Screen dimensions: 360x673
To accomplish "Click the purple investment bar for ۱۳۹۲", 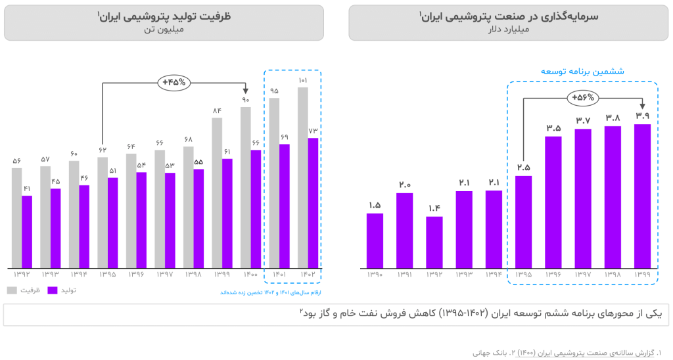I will pyautogui.click(x=434, y=242).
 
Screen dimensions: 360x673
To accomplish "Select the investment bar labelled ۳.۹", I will pyautogui.click(x=642, y=196).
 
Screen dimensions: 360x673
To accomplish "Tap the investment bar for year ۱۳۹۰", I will pyautogui.click(x=375, y=240).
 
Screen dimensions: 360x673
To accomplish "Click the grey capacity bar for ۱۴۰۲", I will pyautogui.click(x=302, y=177).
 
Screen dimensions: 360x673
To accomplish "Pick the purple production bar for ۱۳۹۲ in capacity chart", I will pyautogui.click(x=27, y=232).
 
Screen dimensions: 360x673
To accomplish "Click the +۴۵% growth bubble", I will pyautogui.click(x=174, y=83).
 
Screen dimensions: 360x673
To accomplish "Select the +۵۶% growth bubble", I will pyautogui.click(x=583, y=98).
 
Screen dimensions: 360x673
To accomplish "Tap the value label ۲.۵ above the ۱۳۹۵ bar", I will pyautogui.click(x=523, y=167).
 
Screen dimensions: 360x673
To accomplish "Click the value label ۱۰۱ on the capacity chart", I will pyautogui.click(x=303, y=81).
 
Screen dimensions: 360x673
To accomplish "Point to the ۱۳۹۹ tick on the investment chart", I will pyautogui.click(x=642, y=275).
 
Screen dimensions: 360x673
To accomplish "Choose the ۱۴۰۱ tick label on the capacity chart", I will pyautogui.click(x=274, y=273).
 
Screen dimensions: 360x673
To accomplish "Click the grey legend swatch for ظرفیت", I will pyautogui.click(x=12, y=290).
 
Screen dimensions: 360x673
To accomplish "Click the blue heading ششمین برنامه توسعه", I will pyautogui.click(x=582, y=71).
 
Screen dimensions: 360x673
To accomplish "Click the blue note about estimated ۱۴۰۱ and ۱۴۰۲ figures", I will pyautogui.click(x=270, y=292).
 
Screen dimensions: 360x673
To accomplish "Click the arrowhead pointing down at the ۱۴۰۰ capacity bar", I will pyautogui.click(x=246, y=91).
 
